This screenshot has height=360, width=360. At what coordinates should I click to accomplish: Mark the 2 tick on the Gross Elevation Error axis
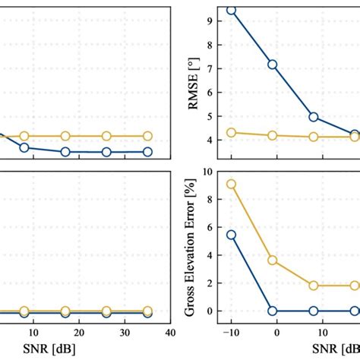(210, 283)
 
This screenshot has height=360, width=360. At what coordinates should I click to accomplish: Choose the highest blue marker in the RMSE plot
(232, 11)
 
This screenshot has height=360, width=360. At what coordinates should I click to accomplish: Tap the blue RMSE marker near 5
(314, 117)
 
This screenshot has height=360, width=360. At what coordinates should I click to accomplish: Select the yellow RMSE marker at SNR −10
(232, 132)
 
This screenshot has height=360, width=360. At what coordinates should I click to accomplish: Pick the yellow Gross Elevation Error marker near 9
(232, 184)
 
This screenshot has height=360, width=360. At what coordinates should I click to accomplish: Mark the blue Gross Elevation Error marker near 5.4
(232, 235)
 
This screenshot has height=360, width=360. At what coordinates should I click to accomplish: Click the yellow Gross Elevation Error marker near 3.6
(273, 261)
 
